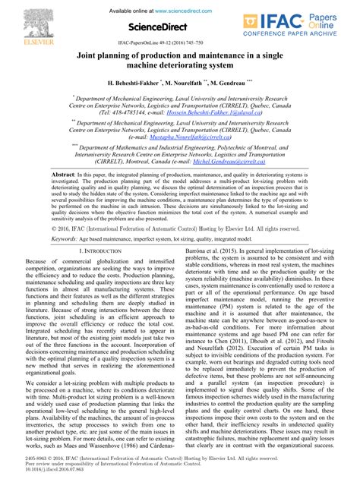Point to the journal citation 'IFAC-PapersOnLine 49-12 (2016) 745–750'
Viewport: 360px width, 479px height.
point(180,46)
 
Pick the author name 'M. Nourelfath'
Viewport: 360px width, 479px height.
point(194,81)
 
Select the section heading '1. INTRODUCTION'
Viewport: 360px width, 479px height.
point(104,250)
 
